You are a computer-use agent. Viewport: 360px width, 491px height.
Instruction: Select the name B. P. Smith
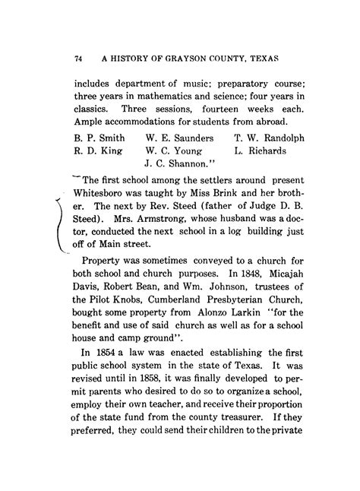point(100,139)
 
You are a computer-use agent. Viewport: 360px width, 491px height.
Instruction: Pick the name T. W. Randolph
point(270,139)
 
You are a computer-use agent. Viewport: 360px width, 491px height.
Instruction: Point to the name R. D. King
point(97,151)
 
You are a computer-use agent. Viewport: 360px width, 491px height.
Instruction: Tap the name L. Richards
point(261,151)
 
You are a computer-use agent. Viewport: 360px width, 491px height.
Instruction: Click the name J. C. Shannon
point(179,163)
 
